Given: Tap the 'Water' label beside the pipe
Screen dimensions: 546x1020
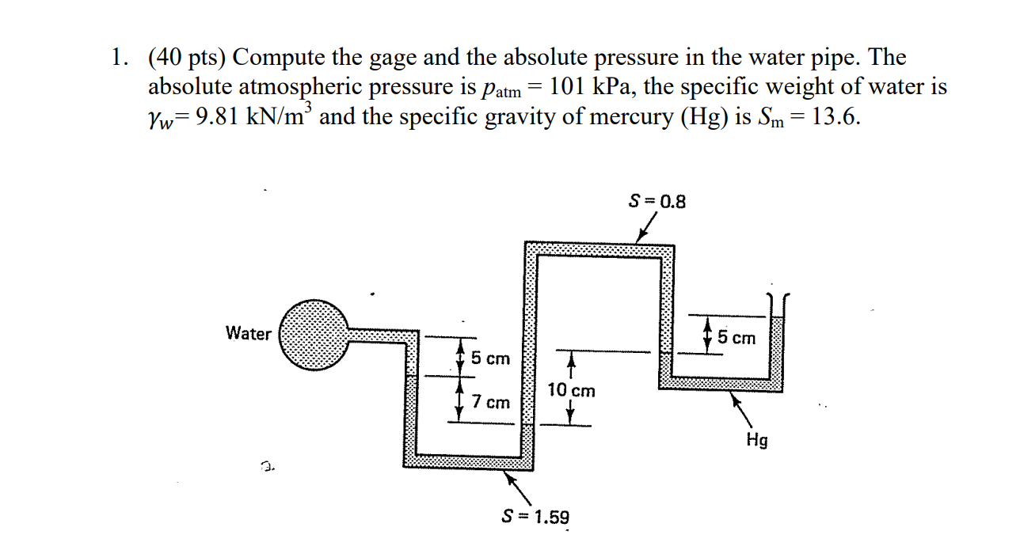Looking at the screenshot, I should pos(248,334).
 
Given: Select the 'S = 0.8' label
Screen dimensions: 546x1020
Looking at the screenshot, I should pos(657,201).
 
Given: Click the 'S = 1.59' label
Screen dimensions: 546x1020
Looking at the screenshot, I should pos(536,518).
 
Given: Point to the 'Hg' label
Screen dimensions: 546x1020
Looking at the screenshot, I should pos(756,440).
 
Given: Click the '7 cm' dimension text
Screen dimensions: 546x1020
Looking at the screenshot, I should pos(490,402).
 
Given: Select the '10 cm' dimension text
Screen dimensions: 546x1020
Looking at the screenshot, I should pos(571,391).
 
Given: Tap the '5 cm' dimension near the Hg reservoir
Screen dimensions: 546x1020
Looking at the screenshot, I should pos(736,338).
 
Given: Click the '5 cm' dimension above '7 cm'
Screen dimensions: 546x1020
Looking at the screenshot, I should pos(490,358).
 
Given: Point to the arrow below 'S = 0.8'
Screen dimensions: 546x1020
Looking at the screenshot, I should pos(647,229).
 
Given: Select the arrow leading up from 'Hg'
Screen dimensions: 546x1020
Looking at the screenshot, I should pos(740,409).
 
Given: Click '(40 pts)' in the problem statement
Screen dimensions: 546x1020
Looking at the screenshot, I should pos(187,58).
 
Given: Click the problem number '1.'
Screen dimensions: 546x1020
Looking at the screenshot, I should pos(120,58).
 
